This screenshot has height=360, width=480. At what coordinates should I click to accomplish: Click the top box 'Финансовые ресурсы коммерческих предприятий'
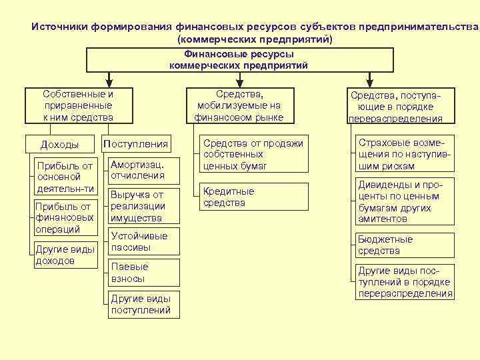[x=238, y=60]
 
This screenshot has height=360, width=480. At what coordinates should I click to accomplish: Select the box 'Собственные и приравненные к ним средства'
[x=78, y=106]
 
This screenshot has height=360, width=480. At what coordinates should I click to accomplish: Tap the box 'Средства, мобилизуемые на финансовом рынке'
[x=239, y=106]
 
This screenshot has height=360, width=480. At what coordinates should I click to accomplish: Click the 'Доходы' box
[x=60, y=145]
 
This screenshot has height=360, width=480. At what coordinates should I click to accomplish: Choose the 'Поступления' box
[x=135, y=144]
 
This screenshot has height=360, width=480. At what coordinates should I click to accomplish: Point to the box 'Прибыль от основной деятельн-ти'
[x=64, y=177]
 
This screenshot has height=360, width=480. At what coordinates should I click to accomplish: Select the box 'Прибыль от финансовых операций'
[x=64, y=218]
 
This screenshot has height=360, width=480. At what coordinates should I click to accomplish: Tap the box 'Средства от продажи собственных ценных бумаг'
[x=254, y=154]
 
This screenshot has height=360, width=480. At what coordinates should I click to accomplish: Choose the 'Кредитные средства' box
[x=254, y=197]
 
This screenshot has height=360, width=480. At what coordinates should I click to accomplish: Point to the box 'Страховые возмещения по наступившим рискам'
[x=405, y=154]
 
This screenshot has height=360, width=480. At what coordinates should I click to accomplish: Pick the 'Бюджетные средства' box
[x=405, y=245]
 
